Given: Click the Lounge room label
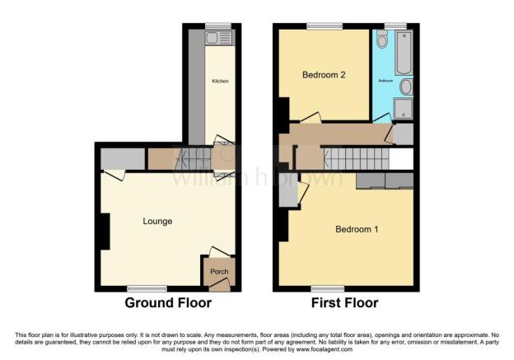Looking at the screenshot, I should [157, 221].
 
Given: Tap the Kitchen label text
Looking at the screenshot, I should [220, 81].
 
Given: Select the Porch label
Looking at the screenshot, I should [219, 273].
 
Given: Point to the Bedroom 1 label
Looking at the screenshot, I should [356, 229].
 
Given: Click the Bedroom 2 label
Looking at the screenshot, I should [323, 76].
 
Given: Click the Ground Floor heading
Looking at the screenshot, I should [168, 303].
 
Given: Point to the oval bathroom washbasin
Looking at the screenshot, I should [406, 86].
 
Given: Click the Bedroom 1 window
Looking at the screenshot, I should [327, 288].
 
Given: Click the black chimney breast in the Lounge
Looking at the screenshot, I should [104, 231].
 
